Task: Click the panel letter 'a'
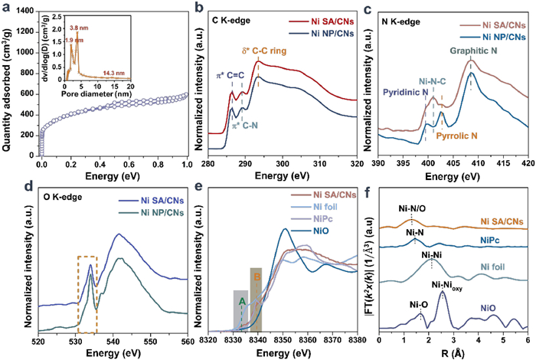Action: click(x=6, y=7)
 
